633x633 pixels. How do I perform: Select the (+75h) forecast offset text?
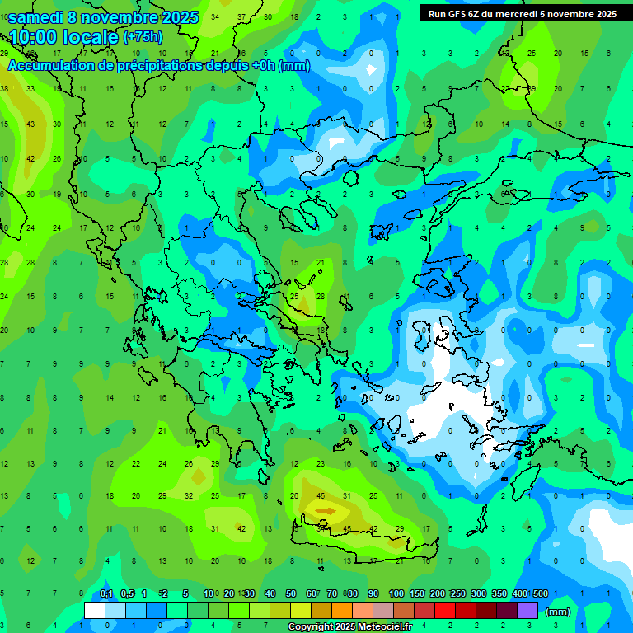pos(143,37)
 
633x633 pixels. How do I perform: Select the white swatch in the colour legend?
pos(95,611)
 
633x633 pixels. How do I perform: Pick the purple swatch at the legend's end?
pos(528,611)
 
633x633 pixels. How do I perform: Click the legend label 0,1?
pos(106,594)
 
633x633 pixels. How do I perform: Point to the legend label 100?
pos(396,594)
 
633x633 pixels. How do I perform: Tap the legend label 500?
pos(540,594)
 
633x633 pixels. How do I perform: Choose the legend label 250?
pos(458,594)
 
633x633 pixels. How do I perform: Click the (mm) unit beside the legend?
pos(558,612)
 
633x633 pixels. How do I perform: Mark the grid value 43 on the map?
pos(30,124)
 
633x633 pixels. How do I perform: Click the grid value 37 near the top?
pos(241,16)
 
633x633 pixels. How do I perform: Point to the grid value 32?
pos(189,496)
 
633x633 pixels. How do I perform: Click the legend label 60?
pos(312,594)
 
